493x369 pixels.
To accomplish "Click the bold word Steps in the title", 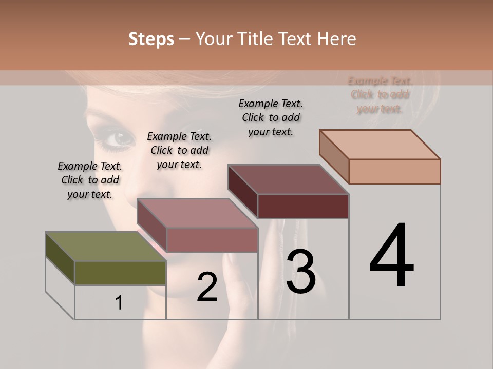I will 151,39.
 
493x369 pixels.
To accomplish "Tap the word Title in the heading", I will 256,39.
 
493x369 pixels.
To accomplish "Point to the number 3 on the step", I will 301,272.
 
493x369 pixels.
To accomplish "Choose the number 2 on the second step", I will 207,287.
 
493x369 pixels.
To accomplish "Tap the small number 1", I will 119,303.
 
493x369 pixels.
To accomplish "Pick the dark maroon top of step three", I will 288,179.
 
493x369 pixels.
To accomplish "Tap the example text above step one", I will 90,180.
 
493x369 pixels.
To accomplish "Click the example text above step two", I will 179,150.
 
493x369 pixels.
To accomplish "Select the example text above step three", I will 271,117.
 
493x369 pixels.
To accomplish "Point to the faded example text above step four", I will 380,94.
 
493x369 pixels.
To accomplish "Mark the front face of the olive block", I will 120,273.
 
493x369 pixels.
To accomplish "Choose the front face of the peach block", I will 394,171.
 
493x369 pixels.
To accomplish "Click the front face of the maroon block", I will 303,206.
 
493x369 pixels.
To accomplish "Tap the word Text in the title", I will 296,39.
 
